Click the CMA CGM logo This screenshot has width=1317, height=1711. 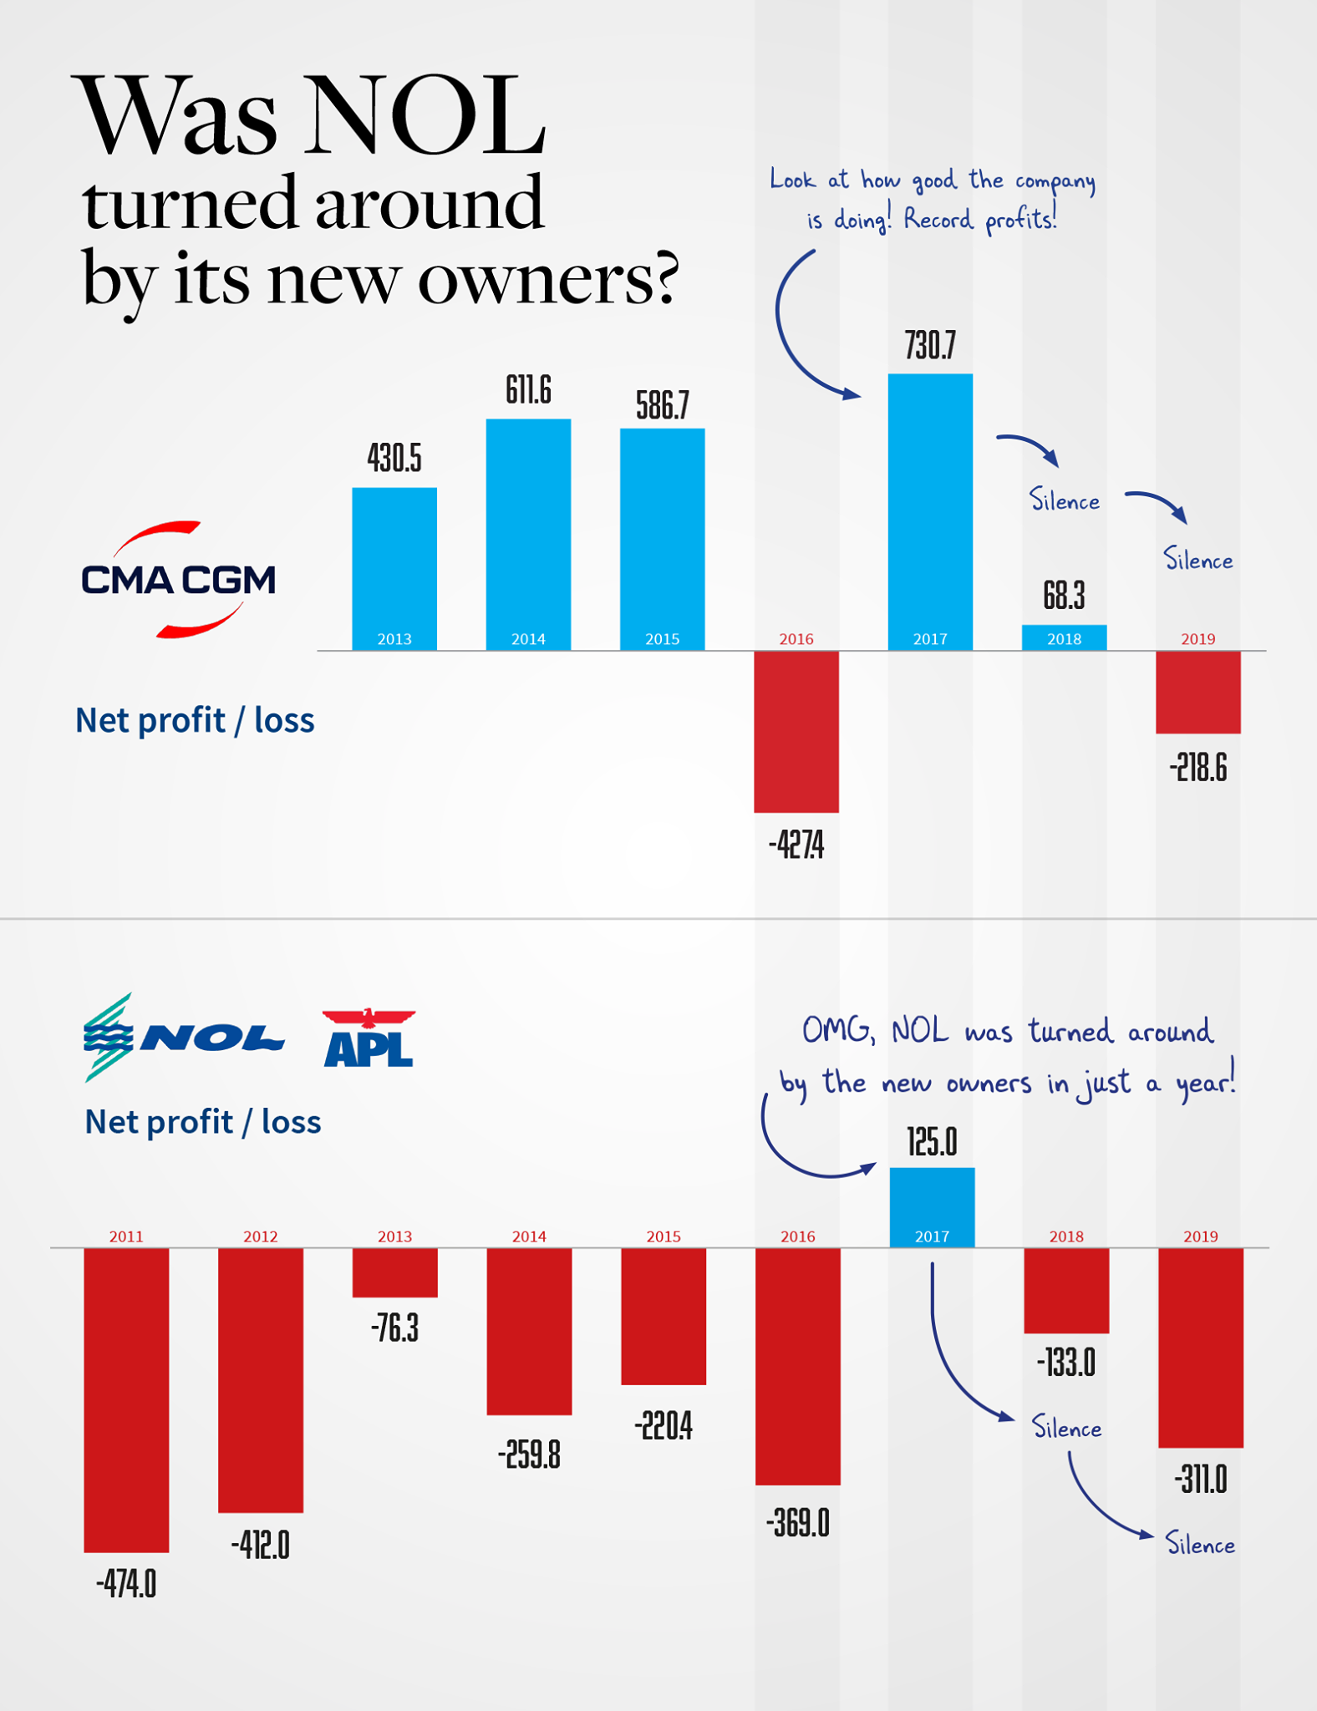pyautogui.click(x=178, y=580)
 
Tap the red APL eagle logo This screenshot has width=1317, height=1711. pyautogui.click(x=369, y=1038)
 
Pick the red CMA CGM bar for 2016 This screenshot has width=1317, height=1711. pyautogui.click(x=796, y=731)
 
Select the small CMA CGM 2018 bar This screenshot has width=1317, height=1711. pyautogui.click(x=1064, y=637)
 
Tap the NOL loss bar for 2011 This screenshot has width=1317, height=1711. pyautogui.click(x=126, y=1399)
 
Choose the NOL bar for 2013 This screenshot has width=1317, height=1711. pyautogui.click(x=394, y=1272)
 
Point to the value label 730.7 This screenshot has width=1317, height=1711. pyautogui.click(x=930, y=345)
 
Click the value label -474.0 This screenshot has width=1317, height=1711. pyautogui.click(x=126, y=1583)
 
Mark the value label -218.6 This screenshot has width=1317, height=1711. pyautogui.click(x=1198, y=767)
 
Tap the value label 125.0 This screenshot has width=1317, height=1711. pyautogui.click(x=932, y=1141)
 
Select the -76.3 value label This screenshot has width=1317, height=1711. pyautogui.click(x=394, y=1328)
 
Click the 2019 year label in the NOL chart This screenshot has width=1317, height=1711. pyautogui.click(x=1200, y=1236)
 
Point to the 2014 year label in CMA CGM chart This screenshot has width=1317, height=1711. pyautogui.click(x=528, y=638)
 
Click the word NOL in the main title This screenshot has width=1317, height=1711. pyautogui.click(x=427, y=117)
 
